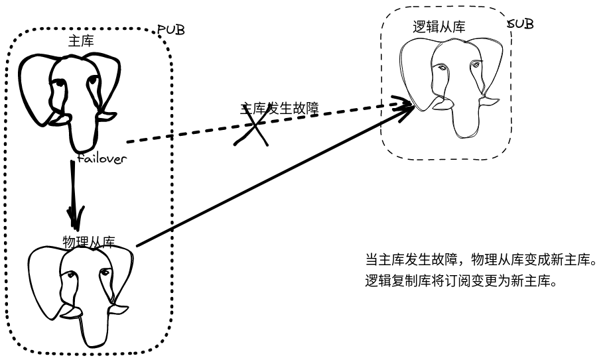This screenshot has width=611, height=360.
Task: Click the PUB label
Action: (170, 30)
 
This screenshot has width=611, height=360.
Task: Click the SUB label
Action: (521, 25)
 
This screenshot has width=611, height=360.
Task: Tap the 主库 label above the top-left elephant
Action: (81, 40)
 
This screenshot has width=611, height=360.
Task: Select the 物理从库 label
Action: (89, 241)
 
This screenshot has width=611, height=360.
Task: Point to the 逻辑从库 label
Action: (439, 27)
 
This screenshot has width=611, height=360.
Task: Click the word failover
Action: (102, 159)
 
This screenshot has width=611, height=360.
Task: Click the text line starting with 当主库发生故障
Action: (482, 259)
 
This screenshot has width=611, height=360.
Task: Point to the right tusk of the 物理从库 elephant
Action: (117, 310)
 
